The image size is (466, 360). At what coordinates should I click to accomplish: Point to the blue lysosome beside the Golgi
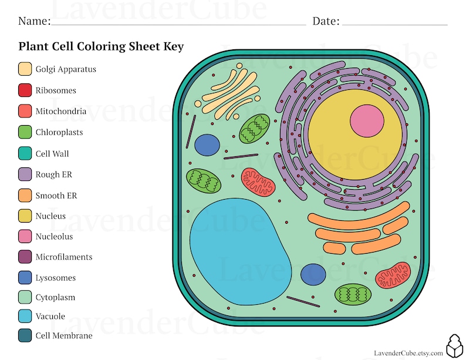(207, 145)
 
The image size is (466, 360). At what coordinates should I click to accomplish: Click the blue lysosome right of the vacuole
(313, 274)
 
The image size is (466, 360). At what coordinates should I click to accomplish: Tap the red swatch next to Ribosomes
(25, 90)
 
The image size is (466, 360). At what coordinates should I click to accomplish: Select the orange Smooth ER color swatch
(25, 196)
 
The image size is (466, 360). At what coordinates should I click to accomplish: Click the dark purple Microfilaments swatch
(25, 257)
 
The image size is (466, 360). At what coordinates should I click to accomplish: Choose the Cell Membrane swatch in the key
(25, 336)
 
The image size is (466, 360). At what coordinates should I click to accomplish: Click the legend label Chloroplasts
(59, 132)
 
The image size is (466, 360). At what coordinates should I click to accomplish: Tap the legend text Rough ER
(53, 174)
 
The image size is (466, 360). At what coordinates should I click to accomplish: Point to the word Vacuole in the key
(50, 317)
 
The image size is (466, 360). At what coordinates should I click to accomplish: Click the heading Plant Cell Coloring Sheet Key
(101, 46)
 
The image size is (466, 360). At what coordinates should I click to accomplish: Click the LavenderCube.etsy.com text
(408, 352)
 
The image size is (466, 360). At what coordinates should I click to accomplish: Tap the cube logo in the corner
(455, 346)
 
